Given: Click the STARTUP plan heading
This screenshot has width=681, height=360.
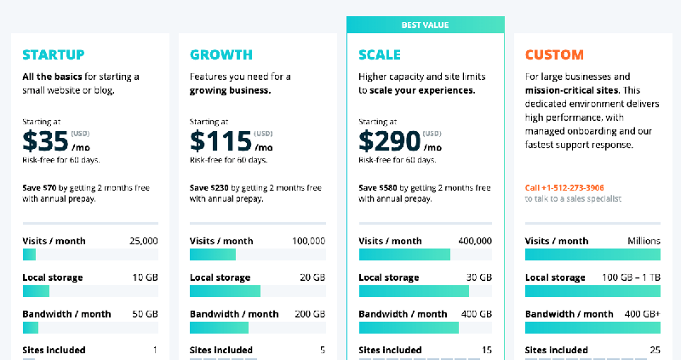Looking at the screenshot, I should [x=53, y=55].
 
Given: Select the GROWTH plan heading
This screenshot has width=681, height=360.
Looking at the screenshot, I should [x=220, y=55].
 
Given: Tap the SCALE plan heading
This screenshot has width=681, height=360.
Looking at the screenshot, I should [x=380, y=55].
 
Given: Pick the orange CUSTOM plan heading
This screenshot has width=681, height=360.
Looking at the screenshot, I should [x=554, y=55].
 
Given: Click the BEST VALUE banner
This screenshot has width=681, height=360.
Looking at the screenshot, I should [x=426, y=26].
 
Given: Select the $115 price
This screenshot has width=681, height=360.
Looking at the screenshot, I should [x=220, y=140].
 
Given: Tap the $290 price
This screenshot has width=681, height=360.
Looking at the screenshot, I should [x=390, y=140].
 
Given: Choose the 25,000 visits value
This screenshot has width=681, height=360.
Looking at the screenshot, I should [x=142, y=241].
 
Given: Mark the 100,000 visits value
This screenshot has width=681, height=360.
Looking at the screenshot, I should [x=308, y=241].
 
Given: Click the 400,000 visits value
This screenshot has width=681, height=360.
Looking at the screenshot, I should [x=475, y=241].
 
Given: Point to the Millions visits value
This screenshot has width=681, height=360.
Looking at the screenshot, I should [x=644, y=241].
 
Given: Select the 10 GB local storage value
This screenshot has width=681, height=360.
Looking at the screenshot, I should [x=145, y=277].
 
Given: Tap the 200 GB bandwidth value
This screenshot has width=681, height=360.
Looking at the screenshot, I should [x=310, y=314].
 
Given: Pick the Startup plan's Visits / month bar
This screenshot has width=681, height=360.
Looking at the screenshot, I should [x=29, y=254].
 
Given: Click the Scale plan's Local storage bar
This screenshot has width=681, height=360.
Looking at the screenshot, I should [x=414, y=291].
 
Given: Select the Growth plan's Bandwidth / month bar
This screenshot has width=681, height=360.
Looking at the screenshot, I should [x=219, y=328].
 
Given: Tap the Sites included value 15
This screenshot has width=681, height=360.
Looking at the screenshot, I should [x=486, y=350].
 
